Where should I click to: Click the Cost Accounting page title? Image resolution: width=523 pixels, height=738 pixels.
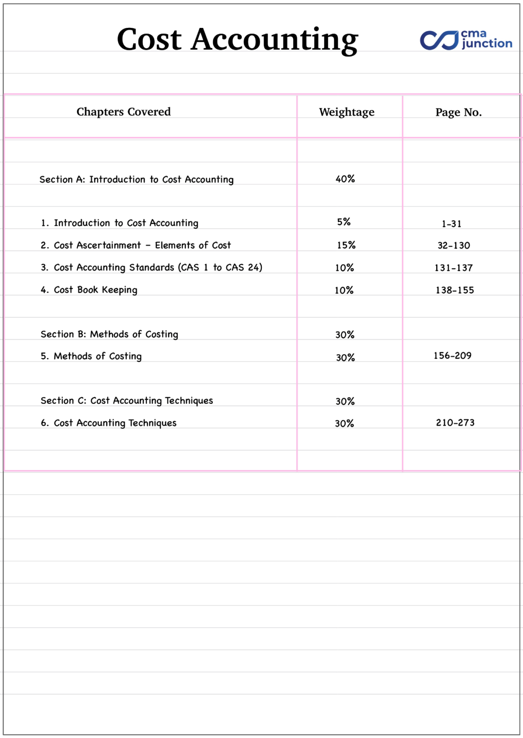[238, 40]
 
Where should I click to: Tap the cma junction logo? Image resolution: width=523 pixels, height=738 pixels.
[466, 40]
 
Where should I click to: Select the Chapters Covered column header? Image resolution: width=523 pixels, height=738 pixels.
[123, 112]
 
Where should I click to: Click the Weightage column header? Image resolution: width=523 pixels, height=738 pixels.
[346, 113]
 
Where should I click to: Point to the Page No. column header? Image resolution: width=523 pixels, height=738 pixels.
[458, 113]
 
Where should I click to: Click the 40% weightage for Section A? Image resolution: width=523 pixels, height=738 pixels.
[345, 179]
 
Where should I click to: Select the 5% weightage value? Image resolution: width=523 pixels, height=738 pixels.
[344, 222]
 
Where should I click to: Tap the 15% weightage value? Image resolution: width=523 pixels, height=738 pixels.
[346, 245]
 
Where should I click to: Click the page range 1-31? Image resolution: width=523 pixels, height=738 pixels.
[452, 224]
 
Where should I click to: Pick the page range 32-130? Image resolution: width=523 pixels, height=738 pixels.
[454, 246]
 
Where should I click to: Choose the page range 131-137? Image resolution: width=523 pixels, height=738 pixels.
[453, 268]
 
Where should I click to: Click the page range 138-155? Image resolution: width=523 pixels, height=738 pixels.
[455, 290]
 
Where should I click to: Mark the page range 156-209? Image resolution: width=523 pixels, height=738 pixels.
[452, 355]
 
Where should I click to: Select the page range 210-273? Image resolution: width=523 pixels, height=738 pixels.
[455, 422]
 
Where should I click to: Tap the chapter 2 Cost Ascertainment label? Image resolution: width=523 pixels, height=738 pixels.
[136, 246]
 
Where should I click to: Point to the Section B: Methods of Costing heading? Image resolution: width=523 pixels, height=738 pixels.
[109, 335]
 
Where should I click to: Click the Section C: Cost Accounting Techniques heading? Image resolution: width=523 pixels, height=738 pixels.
[127, 401]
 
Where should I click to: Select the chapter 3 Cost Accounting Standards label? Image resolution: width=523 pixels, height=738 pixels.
[151, 268]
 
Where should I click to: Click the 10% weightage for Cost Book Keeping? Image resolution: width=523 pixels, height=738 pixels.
[344, 290]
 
